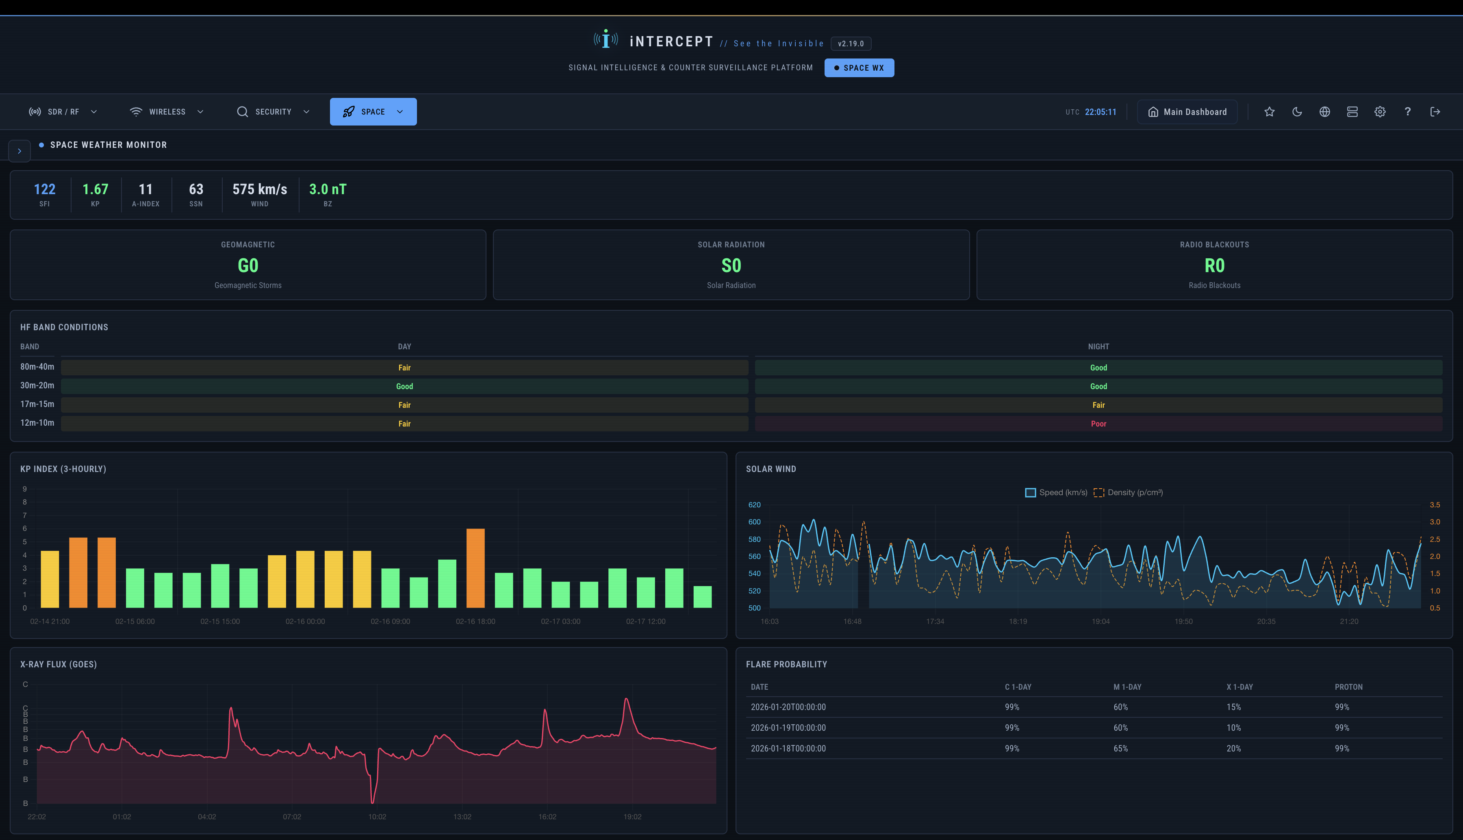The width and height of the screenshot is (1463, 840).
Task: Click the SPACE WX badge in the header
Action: click(859, 67)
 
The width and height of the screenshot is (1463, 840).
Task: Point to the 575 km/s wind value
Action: click(260, 189)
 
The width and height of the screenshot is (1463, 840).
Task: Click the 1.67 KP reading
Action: click(95, 189)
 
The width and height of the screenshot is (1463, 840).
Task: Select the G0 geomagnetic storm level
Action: click(247, 265)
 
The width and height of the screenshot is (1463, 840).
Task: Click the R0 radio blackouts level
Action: click(1214, 265)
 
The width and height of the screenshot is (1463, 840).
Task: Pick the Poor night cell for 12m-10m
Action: click(1098, 424)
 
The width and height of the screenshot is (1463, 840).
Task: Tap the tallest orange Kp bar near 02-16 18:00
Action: click(475, 568)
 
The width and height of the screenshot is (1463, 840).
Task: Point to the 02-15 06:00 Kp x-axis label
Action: click(135, 621)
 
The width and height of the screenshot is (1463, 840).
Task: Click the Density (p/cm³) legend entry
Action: click(1128, 493)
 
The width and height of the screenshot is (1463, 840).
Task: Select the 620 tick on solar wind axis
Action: click(754, 505)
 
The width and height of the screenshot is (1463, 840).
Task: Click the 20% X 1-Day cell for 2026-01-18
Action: click(1233, 748)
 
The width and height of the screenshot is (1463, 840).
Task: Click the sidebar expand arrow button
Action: click(20, 151)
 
